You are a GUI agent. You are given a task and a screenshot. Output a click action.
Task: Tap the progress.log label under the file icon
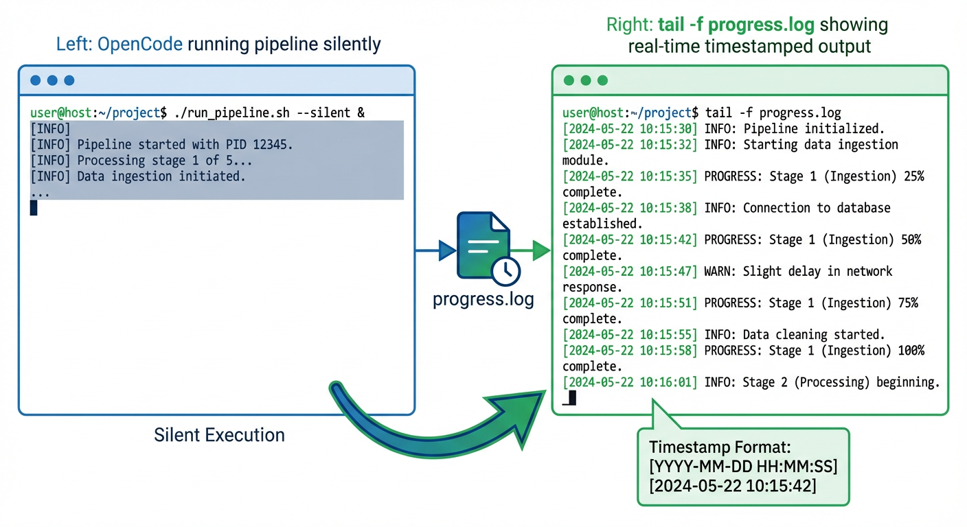(x=483, y=300)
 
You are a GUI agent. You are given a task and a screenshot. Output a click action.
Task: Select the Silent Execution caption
(x=219, y=435)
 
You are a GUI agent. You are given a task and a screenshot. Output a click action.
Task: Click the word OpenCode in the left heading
(x=140, y=45)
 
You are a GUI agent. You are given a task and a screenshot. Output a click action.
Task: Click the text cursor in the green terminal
(x=571, y=398)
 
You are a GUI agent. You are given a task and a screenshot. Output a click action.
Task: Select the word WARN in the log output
(x=719, y=271)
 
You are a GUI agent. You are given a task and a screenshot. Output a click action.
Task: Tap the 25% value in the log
(x=912, y=176)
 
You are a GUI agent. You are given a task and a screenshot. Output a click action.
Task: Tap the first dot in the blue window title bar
(x=35, y=80)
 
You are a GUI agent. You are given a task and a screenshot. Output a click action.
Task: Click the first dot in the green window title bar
(x=569, y=80)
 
